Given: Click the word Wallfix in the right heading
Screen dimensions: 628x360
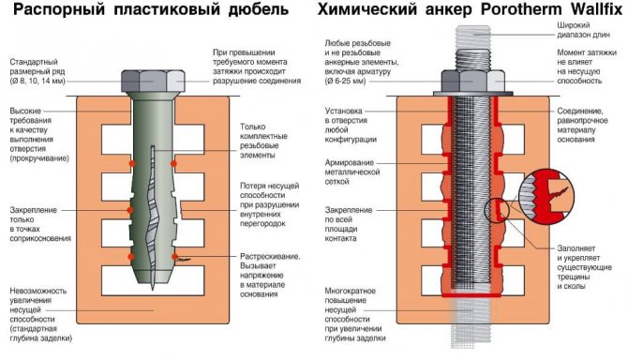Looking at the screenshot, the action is (596, 9).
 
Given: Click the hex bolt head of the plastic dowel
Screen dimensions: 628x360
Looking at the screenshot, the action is (153, 82).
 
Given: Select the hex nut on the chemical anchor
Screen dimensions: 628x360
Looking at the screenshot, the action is (473, 81).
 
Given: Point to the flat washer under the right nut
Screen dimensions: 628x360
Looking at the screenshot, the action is (473, 94).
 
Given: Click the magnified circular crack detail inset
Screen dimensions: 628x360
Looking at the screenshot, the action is (546, 196).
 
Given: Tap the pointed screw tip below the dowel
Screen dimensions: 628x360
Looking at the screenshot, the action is (153, 283).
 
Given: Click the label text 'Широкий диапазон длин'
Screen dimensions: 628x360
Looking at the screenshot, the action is (583, 30).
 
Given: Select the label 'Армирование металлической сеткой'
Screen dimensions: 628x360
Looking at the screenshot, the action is (352, 172).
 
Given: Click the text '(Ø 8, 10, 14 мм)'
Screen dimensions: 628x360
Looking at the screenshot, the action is (37, 82).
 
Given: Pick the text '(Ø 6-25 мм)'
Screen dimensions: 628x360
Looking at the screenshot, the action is (345, 82).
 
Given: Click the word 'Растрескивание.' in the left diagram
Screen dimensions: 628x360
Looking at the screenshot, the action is (270, 256).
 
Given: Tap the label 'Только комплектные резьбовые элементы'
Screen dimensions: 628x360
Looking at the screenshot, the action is (263, 141).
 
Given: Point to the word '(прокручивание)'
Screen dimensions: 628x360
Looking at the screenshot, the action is (39, 158).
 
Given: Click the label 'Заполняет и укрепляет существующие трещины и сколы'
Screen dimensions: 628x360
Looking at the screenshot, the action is (584, 267).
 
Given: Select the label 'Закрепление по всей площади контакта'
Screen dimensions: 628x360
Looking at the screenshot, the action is (348, 224).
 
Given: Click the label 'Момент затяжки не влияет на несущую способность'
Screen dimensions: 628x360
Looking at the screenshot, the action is (587, 67).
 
